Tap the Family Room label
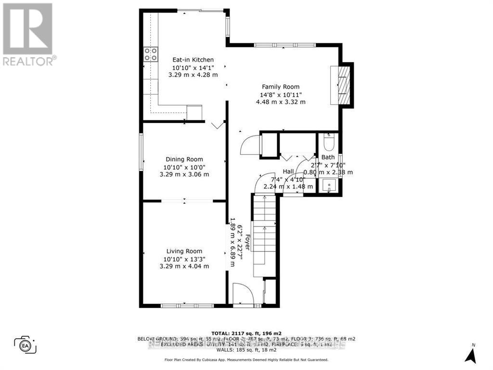281,87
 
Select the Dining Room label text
184,159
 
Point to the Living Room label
184,251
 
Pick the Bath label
328,157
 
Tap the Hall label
288,172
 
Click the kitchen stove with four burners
151,54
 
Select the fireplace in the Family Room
343,84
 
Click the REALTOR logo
28,34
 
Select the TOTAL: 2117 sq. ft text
246,333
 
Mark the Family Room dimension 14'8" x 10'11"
281,94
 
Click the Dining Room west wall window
141,151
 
